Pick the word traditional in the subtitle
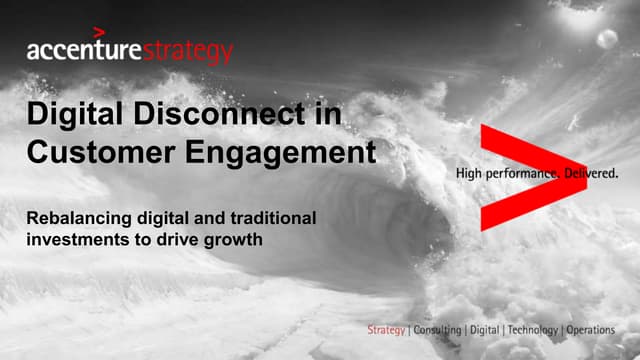pos(269,217)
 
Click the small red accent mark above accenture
pos(97,32)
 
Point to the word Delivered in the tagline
pos(591,173)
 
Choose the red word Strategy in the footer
pos(387,329)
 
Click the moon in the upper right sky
pos(606,40)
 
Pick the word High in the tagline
pos(469,173)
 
